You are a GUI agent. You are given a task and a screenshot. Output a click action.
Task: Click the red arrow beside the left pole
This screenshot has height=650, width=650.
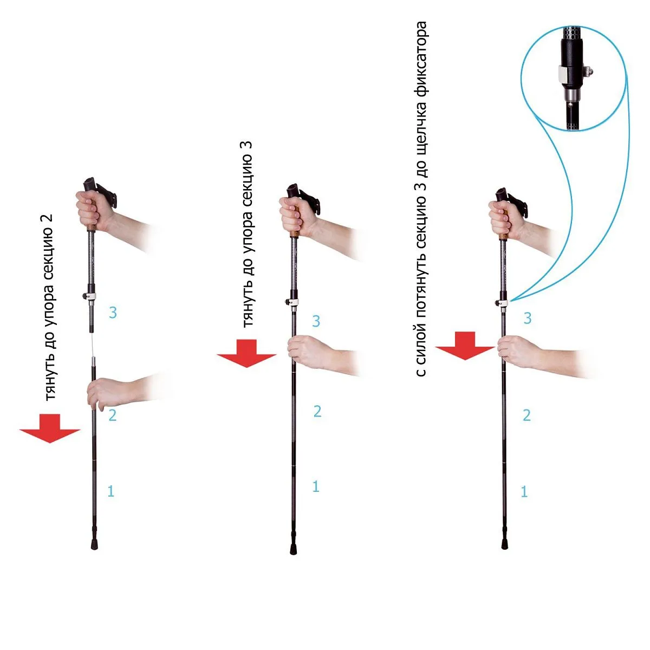pyautogui.click(x=50, y=428)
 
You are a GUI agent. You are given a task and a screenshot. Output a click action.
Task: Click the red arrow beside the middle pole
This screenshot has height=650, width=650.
pyautogui.click(x=246, y=353)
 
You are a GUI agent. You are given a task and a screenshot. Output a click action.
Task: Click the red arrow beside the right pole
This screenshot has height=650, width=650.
pyautogui.click(x=465, y=346)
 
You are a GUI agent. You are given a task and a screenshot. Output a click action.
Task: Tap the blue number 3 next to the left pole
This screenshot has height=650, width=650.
pyautogui.click(x=113, y=313)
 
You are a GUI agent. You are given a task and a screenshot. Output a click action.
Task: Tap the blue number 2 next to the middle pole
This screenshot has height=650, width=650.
pyautogui.click(x=317, y=411)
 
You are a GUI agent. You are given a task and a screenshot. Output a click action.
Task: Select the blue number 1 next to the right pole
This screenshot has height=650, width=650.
pyautogui.click(x=524, y=491)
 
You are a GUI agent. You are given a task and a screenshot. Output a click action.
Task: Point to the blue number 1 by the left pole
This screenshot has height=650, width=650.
pyautogui.click(x=110, y=491)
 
